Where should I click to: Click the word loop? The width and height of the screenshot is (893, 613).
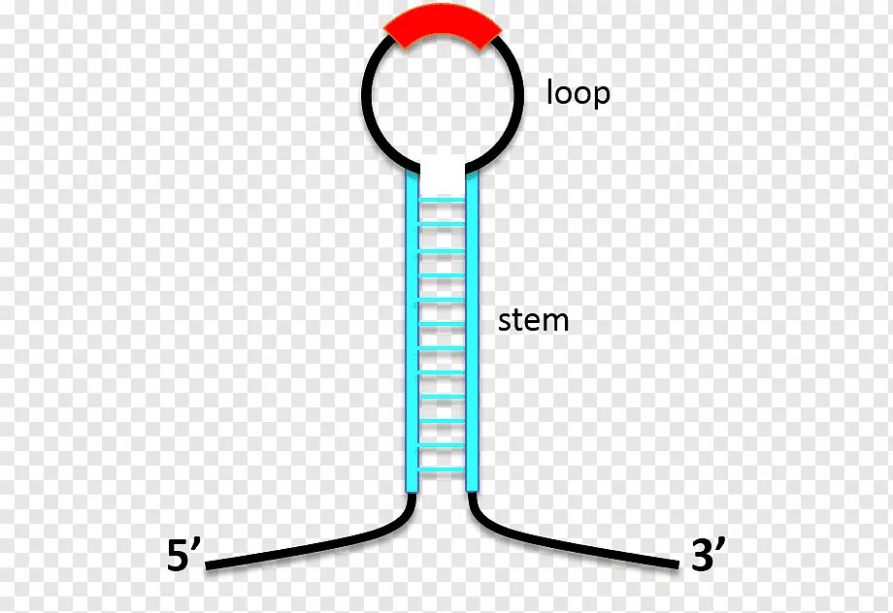pos(579,94)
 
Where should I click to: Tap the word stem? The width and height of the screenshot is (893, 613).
pos(533,320)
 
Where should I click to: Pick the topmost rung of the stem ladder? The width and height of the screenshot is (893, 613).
pos(442,202)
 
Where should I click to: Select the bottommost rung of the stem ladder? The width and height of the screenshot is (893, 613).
pos(442,468)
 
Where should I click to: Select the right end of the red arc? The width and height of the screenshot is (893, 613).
pos(492,36)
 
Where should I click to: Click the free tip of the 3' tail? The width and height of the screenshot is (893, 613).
pos(676,565)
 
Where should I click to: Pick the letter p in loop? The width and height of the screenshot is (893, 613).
pos(601,97)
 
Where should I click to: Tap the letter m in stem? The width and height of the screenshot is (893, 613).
pos(554,322)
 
